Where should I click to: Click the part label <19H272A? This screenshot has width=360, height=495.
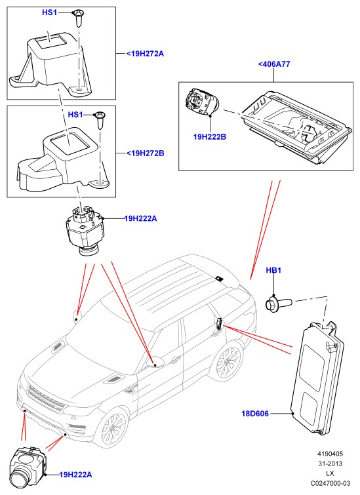coord(145,54)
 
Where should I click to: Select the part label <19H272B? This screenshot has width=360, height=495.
coord(146,153)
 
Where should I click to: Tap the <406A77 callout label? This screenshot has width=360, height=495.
coord(274,64)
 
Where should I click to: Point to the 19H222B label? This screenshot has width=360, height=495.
coord(210,137)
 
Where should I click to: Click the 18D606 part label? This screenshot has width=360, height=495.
coord(255,414)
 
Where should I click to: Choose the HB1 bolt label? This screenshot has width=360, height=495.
coord(273,270)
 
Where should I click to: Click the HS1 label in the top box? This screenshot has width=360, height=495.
coord(50,12)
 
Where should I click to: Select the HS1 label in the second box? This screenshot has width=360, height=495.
coord(75,114)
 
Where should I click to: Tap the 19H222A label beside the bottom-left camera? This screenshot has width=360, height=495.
coord(76,475)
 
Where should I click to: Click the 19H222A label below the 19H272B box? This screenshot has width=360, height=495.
coord(140,218)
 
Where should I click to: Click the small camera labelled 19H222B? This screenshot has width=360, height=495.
coord(202,102)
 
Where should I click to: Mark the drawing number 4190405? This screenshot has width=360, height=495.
coord(330,454)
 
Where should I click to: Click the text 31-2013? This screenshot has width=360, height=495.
coord(330,464)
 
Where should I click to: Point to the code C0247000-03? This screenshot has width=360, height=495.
coord(330,483)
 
